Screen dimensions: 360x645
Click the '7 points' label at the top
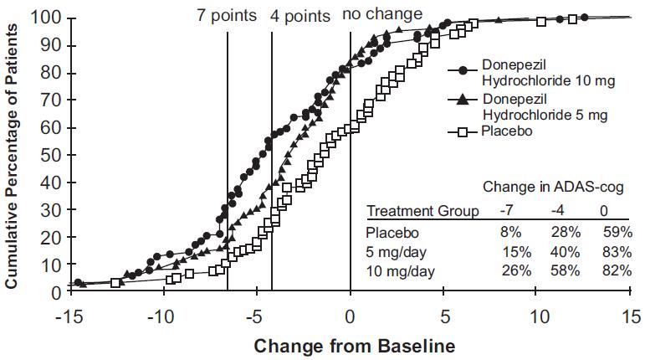tap(228, 15)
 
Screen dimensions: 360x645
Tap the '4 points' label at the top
tap(300, 15)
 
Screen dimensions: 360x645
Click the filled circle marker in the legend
tap(462, 71)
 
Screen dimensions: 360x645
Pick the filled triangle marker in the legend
tap(462, 101)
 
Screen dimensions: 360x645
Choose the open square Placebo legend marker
tap(462, 132)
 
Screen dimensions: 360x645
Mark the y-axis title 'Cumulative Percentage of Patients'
tap(13, 155)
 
